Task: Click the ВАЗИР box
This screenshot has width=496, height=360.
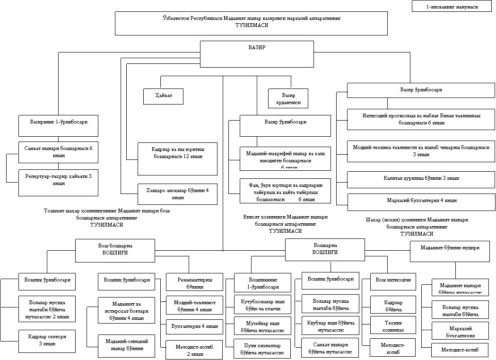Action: click(x=257, y=54)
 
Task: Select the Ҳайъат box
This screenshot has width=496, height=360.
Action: click(x=163, y=96)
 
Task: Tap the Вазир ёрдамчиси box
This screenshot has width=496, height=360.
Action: click(x=288, y=98)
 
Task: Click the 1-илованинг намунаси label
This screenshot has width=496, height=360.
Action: click(x=452, y=7)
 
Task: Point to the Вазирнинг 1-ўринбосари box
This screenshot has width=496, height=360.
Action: click(x=58, y=125)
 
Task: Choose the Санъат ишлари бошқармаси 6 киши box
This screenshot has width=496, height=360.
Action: click(x=58, y=152)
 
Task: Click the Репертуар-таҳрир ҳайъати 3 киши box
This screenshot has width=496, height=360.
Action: click(x=58, y=182)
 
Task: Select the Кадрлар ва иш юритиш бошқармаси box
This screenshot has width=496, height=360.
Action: click(x=177, y=158)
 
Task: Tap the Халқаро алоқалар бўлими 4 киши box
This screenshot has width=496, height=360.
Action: click(x=177, y=193)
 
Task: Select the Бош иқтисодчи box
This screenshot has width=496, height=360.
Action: click(x=393, y=280)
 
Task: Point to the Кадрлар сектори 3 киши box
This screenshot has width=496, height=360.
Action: click(x=47, y=340)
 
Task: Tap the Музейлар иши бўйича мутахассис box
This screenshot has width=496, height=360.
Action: click(x=262, y=326)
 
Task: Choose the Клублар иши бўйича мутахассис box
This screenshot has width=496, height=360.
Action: click(x=330, y=325)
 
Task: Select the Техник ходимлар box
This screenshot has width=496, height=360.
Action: click(x=393, y=326)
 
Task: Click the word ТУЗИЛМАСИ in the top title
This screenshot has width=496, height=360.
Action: click(x=252, y=26)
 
